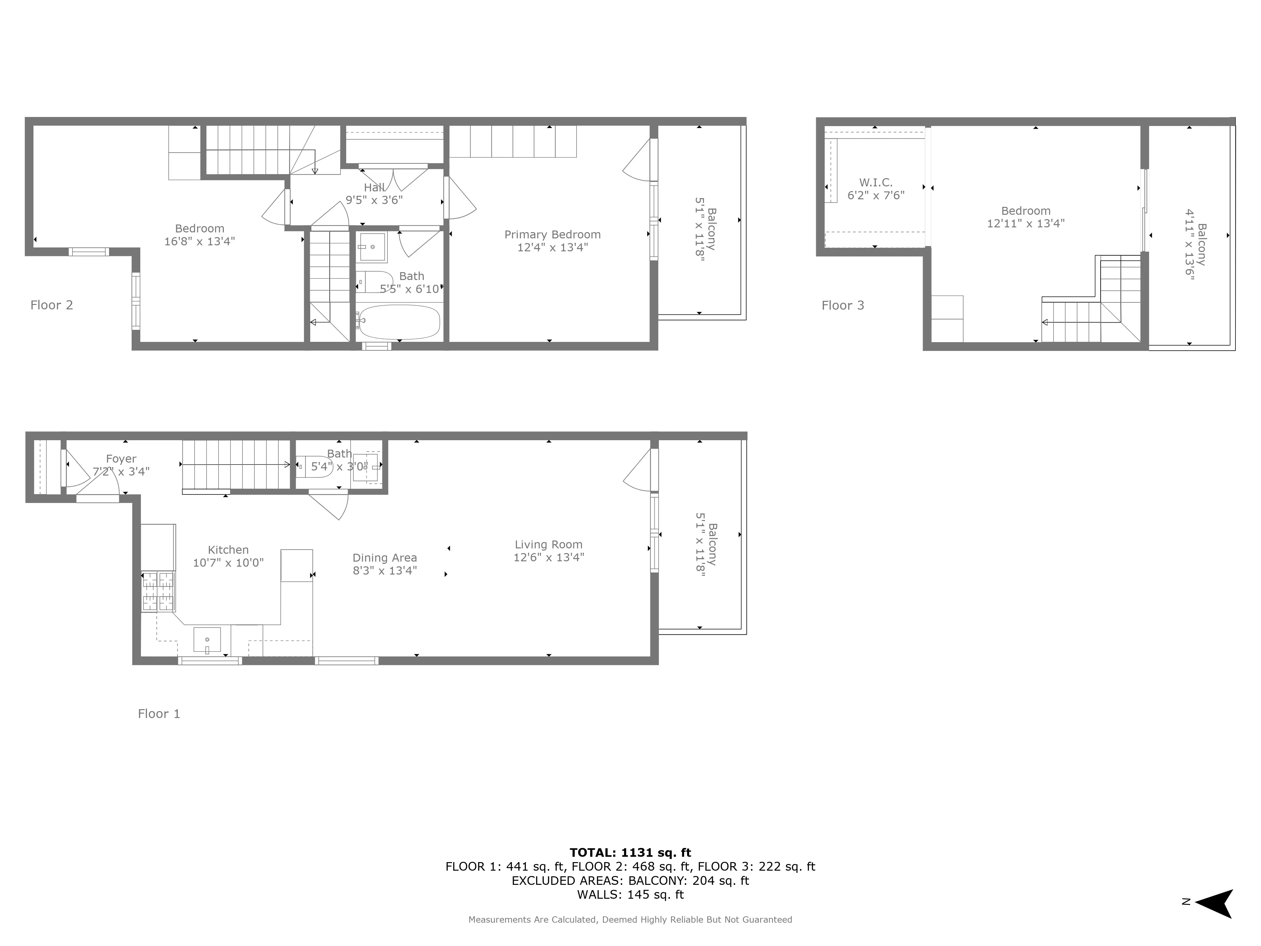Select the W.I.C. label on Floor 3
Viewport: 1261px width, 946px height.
click(876, 183)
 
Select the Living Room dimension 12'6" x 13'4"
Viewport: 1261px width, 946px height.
click(549, 557)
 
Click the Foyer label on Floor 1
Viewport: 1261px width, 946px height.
click(121, 458)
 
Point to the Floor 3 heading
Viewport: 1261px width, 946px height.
click(843, 305)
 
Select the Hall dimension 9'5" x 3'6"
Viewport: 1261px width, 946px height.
click(374, 200)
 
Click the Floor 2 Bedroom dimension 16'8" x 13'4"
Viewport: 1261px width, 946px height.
click(200, 241)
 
